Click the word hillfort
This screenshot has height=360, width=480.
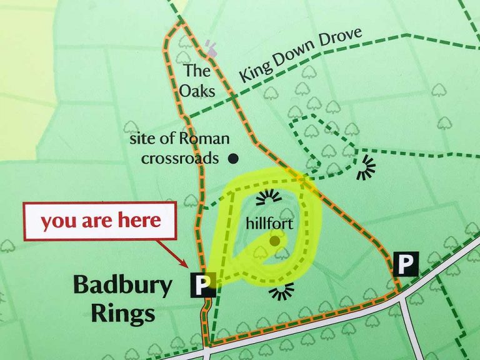[269, 223]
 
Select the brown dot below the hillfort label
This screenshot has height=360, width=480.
[274, 240]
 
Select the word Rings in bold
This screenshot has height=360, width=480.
[123, 312]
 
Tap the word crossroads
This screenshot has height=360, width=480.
[180, 158]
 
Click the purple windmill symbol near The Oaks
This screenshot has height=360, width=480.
[211, 48]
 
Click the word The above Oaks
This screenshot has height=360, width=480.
[196, 70]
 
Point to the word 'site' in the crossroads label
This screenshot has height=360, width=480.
[141, 139]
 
